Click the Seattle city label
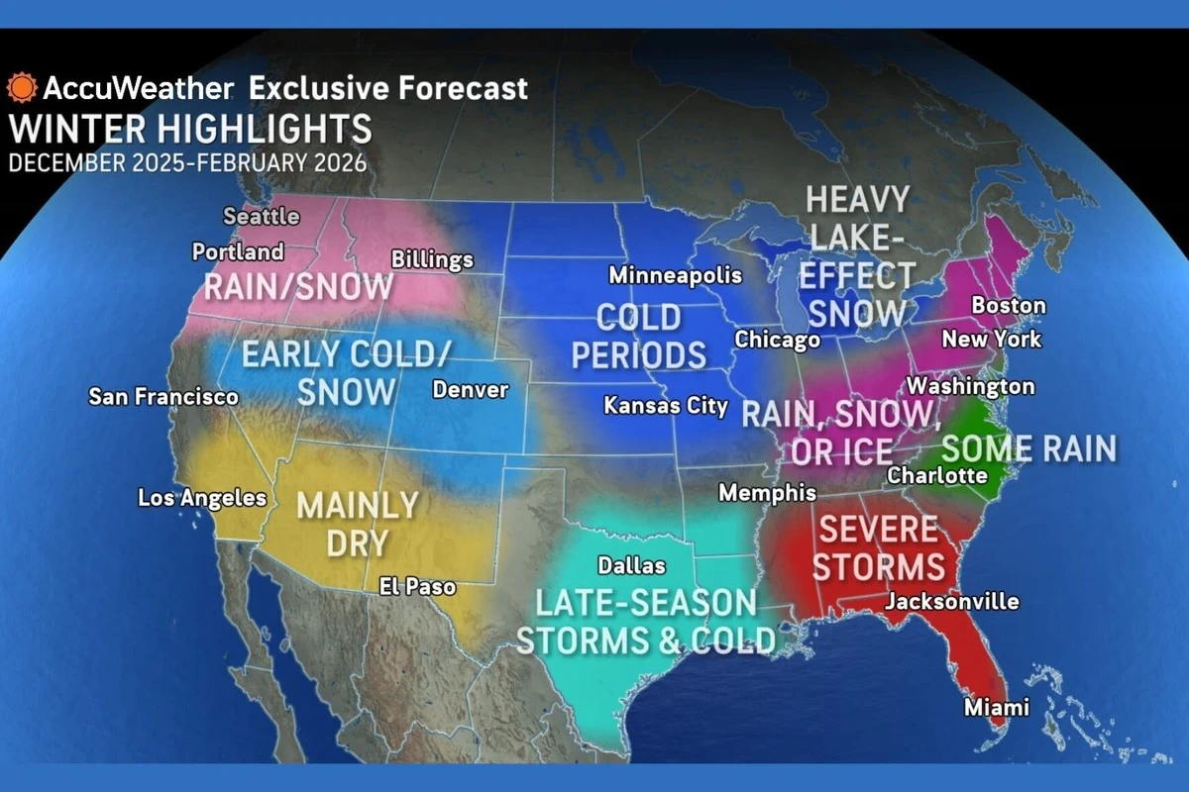click(262, 216)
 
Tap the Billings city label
click(432, 260)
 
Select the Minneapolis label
click(675, 275)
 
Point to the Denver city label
click(471, 390)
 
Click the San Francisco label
click(163, 397)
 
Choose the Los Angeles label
click(202, 498)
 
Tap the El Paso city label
click(417, 587)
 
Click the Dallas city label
click(631, 566)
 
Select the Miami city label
click(997, 708)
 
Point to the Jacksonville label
click(951, 601)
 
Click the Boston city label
click(1009, 305)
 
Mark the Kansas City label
click(666, 406)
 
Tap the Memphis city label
click(767, 493)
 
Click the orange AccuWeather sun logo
click(21, 88)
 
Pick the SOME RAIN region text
click(1027, 448)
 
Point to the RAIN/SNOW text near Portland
click(298, 288)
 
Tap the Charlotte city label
click(937, 475)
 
